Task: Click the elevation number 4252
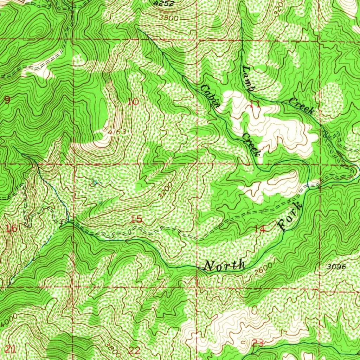[162, 3]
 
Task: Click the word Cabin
[211, 96]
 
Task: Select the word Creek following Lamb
[301, 106]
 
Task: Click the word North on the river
[225, 265]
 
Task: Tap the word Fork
[291, 217]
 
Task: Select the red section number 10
[133, 102]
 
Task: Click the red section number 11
[255, 104]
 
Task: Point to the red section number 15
[136, 220]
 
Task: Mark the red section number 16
[11, 229]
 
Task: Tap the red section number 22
[134, 351]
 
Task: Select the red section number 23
[258, 343]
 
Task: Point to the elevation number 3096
[336, 267]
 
